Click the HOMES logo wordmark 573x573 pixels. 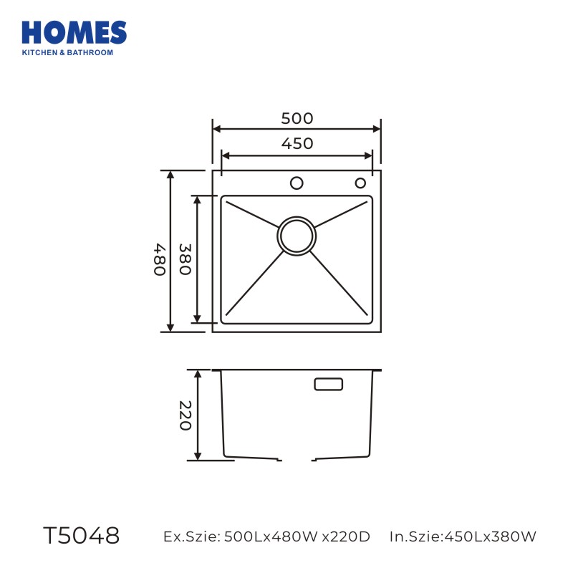tap(74, 32)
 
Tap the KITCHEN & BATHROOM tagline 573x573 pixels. tap(67, 52)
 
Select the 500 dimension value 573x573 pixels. tap(297, 118)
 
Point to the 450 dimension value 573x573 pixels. tap(297, 143)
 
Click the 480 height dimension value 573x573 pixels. tap(160, 259)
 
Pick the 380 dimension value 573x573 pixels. tap(185, 259)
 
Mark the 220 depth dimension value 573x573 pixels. tap(186, 415)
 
